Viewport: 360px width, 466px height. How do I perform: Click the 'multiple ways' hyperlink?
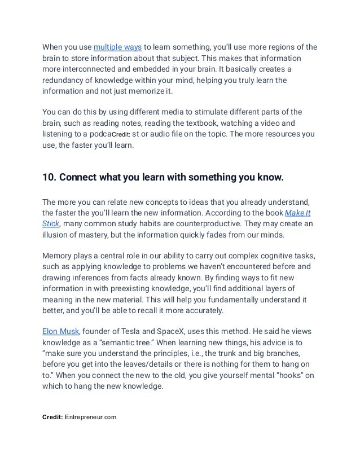pos(118,46)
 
